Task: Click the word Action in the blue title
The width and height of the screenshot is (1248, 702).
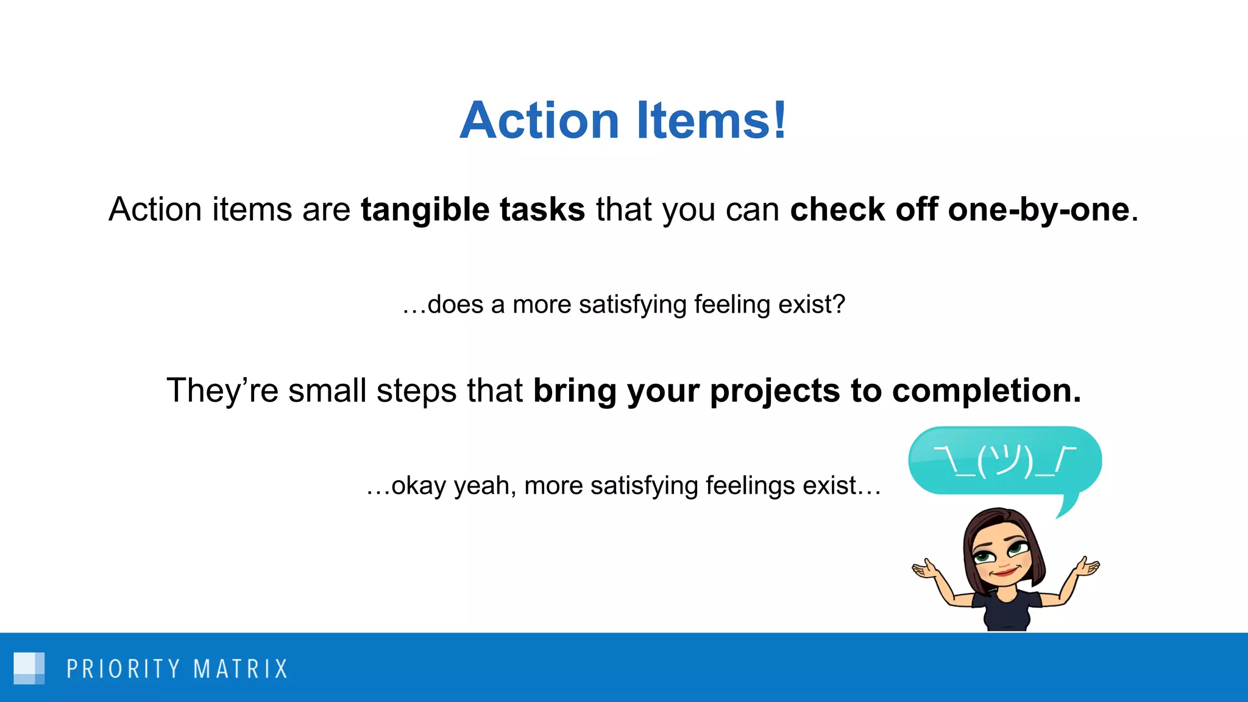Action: click(539, 120)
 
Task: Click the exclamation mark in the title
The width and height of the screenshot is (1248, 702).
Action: click(779, 120)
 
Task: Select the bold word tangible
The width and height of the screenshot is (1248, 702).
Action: click(425, 210)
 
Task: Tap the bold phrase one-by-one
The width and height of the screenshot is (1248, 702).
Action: click(1038, 210)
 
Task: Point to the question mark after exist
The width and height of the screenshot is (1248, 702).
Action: click(838, 304)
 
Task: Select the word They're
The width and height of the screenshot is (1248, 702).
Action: click(222, 391)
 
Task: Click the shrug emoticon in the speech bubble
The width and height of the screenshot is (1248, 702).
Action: click(1005, 461)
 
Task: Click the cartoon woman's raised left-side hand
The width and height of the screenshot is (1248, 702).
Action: click(926, 570)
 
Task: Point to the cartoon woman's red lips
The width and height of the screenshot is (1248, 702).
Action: click(1003, 573)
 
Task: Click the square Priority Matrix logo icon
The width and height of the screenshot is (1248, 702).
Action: click(29, 668)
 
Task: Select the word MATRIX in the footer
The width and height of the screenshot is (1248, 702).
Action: click(240, 669)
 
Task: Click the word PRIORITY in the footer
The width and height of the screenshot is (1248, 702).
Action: click(124, 669)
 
